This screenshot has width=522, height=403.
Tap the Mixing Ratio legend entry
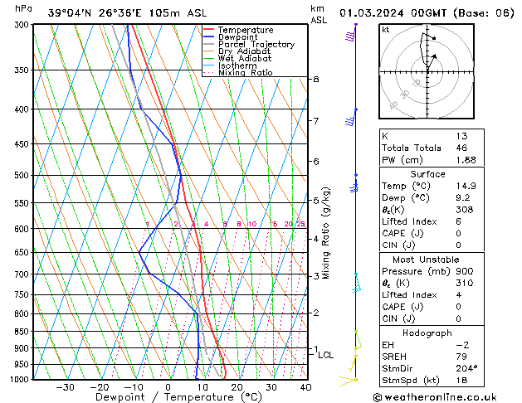click(245, 73)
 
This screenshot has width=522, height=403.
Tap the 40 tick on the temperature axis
click(305, 387)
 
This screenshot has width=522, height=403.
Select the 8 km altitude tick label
click(315, 80)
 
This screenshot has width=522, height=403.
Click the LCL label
click(326, 355)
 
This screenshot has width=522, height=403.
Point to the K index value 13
click(461, 136)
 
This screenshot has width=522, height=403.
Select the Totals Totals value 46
click(461, 148)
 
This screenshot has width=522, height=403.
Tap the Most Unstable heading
click(427, 260)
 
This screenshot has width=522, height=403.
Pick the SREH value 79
click(461, 356)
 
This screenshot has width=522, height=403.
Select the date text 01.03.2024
click(376, 13)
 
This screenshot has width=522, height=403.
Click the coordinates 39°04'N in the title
click(70, 13)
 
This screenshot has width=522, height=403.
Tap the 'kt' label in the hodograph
click(386, 30)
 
